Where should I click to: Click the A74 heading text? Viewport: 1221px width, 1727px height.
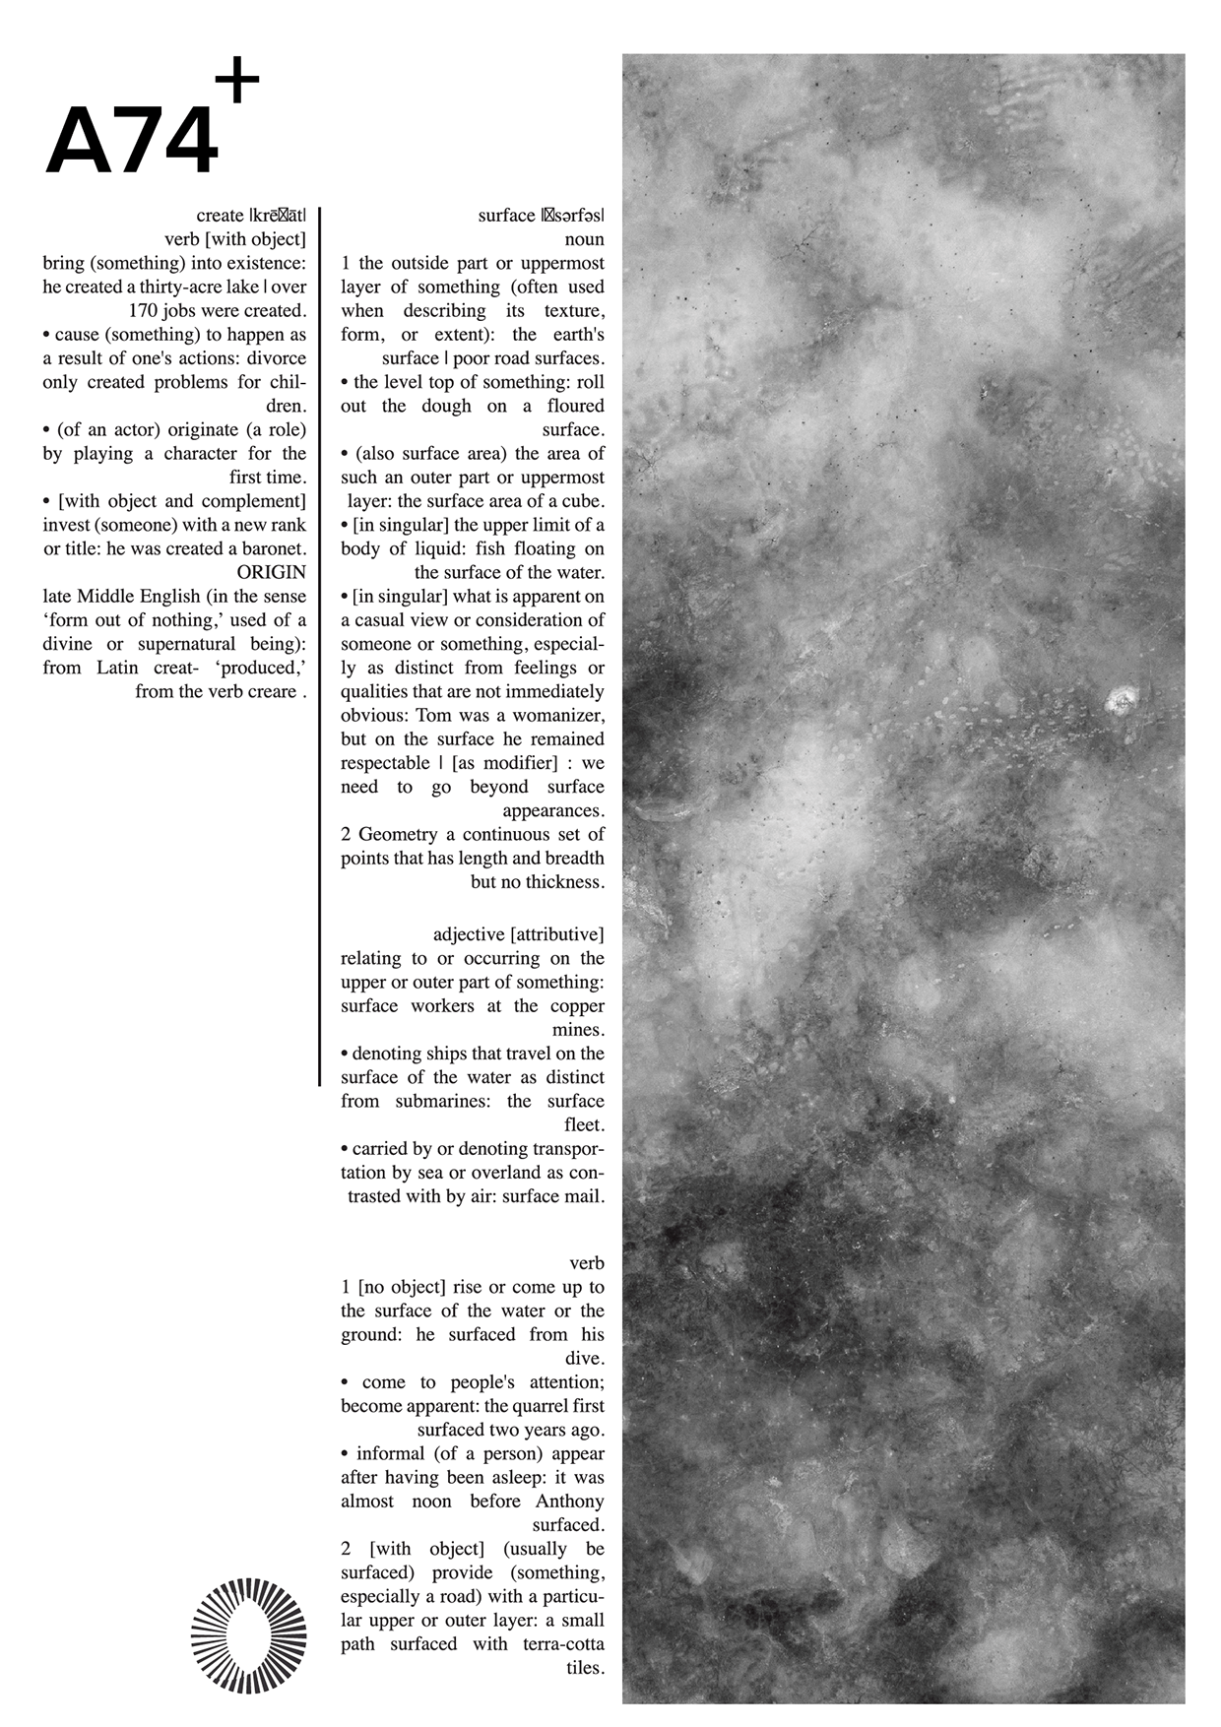pos(131,143)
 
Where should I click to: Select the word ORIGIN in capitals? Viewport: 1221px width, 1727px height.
pos(272,572)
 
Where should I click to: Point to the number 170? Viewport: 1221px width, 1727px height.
pos(145,311)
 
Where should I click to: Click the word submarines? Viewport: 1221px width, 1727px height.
pos(442,1102)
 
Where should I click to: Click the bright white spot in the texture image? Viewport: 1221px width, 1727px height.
pos(1120,702)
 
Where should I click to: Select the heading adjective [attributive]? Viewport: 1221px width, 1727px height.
pos(518,934)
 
